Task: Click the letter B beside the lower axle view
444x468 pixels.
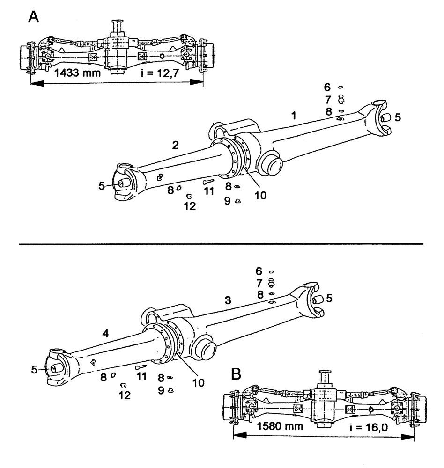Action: pos(237,374)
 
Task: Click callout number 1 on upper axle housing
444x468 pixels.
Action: pos(294,116)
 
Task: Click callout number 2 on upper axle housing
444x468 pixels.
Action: pos(175,146)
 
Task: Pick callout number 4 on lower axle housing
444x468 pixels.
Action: pos(106,334)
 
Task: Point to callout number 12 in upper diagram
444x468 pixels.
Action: pos(190,205)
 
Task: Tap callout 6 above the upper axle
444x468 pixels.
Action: pos(327,87)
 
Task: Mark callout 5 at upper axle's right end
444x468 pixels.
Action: pos(397,117)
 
